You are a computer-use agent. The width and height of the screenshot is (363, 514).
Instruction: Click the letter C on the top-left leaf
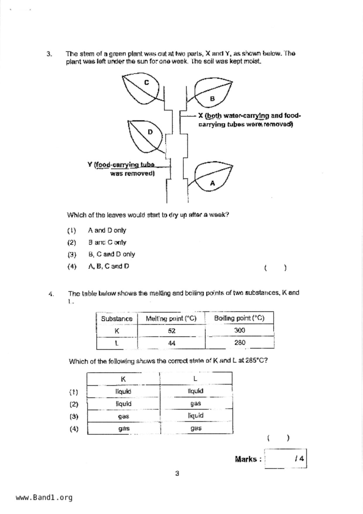click(x=146, y=83)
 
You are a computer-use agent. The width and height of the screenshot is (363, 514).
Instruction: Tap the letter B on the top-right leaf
click(x=212, y=99)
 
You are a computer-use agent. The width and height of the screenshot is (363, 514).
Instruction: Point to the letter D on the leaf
click(x=150, y=132)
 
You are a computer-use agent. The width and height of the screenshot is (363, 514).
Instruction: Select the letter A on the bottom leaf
click(x=212, y=183)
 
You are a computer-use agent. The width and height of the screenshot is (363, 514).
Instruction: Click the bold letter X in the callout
click(x=201, y=116)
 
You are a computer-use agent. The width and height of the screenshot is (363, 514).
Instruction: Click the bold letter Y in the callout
click(x=90, y=164)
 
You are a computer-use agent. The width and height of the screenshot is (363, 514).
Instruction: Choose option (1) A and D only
click(x=107, y=230)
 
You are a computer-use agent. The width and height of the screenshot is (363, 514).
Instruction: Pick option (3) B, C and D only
click(x=111, y=254)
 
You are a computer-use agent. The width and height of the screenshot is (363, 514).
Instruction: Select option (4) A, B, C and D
click(x=108, y=266)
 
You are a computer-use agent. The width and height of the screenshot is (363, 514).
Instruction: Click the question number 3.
click(x=49, y=54)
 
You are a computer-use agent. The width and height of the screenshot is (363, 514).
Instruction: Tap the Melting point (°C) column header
click(x=171, y=319)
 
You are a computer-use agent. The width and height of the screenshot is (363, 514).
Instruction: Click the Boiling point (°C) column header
click(x=239, y=318)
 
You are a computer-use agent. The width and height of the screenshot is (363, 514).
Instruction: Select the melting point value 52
click(x=172, y=331)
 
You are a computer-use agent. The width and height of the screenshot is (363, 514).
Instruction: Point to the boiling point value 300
click(x=239, y=331)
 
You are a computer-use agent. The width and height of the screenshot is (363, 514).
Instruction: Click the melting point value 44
click(x=172, y=343)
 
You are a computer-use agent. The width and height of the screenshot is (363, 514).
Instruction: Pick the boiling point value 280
click(x=240, y=343)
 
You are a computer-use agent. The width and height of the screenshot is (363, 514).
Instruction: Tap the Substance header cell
click(x=117, y=319)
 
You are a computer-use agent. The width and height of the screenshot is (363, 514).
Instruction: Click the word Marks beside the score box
click(x=245, y=459)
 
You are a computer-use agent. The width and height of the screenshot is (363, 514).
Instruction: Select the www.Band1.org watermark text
click(x=44, y=498)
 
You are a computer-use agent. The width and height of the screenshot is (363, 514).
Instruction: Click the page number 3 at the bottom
click(x=177, y=474)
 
